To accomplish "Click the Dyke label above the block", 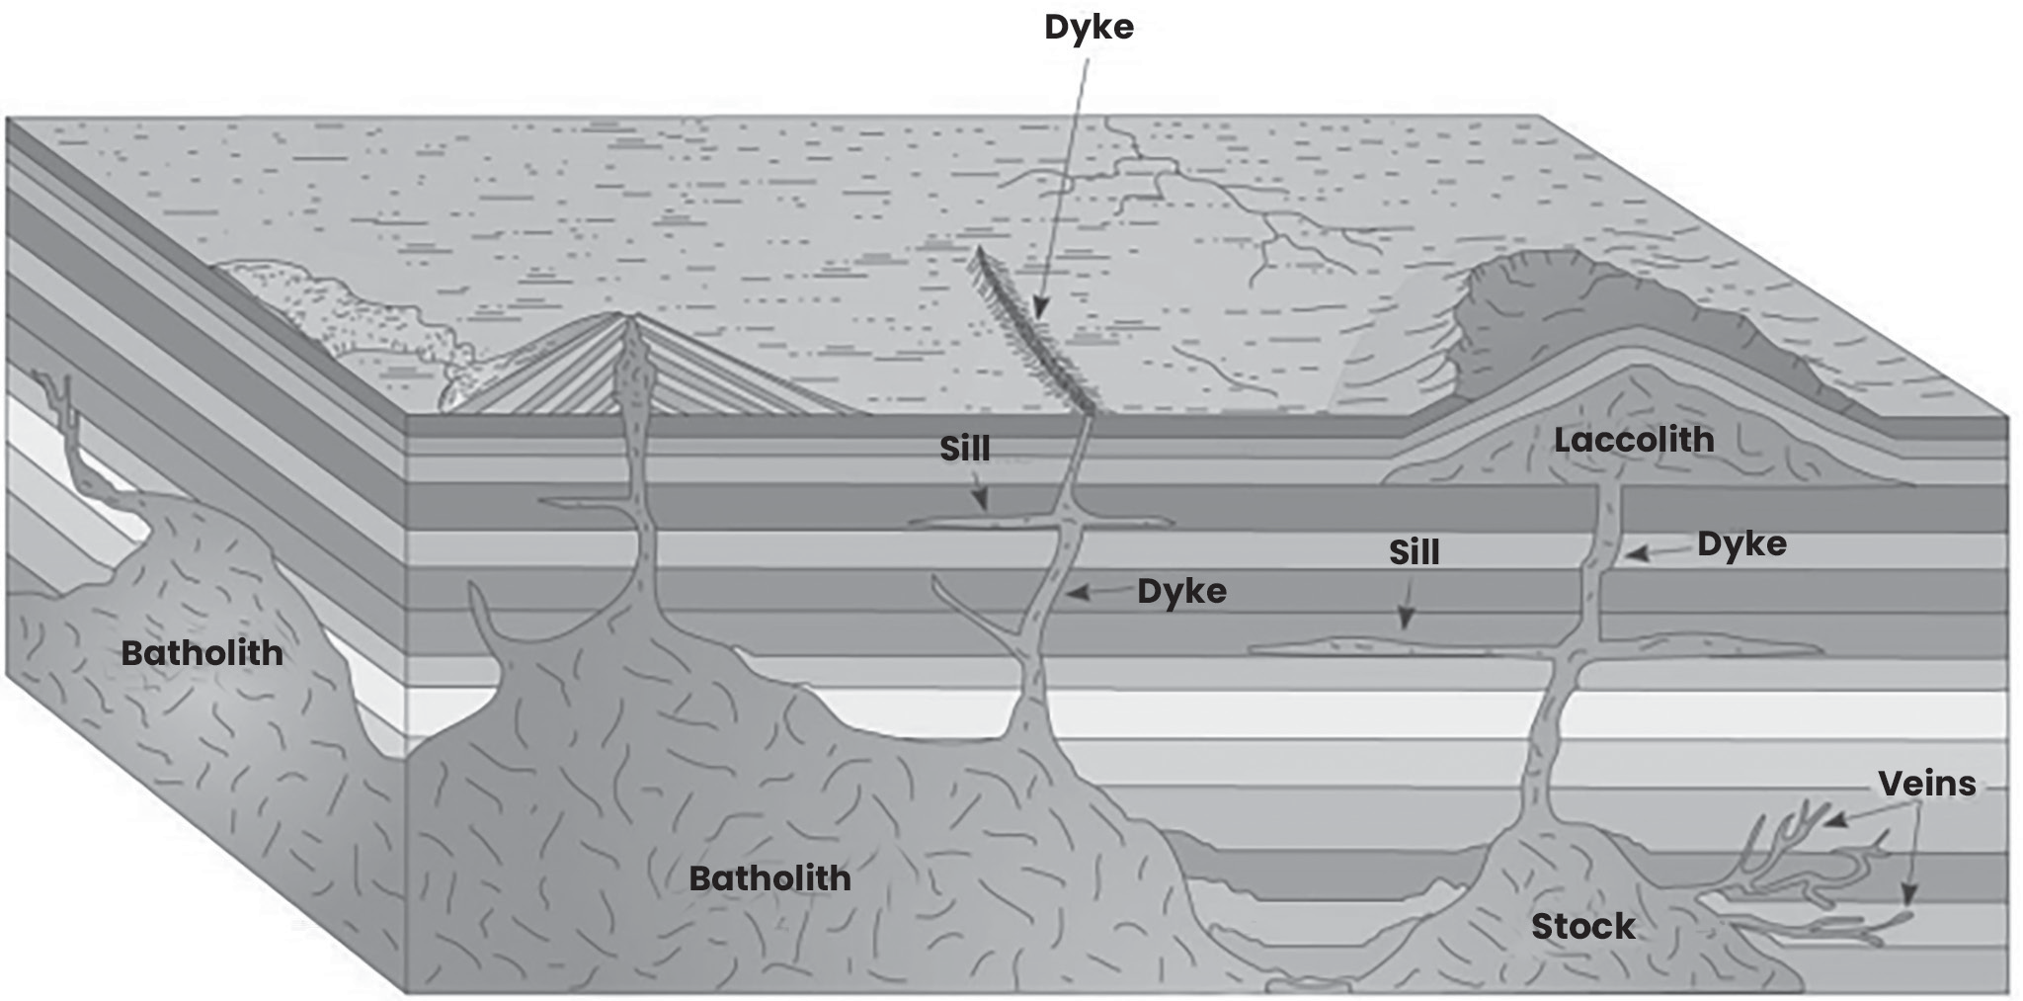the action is pos(1089,27).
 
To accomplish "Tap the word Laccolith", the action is pos(1634,440).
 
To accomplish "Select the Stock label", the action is pos(1582,926).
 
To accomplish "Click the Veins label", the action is pos(1926,784).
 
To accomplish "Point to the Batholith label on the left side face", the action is pos(202,652).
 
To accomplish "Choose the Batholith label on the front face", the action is pos(769,877).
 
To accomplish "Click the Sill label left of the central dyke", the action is pos(964,449).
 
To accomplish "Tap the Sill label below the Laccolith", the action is pos(1414,551).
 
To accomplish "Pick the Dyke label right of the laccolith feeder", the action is pos(1741,543).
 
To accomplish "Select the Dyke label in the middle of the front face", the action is pos(1181,591).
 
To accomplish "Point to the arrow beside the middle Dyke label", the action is pos(1097,592).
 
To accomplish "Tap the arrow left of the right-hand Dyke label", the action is pos(1659,553).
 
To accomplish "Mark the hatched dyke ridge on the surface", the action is pos(1035,331).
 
